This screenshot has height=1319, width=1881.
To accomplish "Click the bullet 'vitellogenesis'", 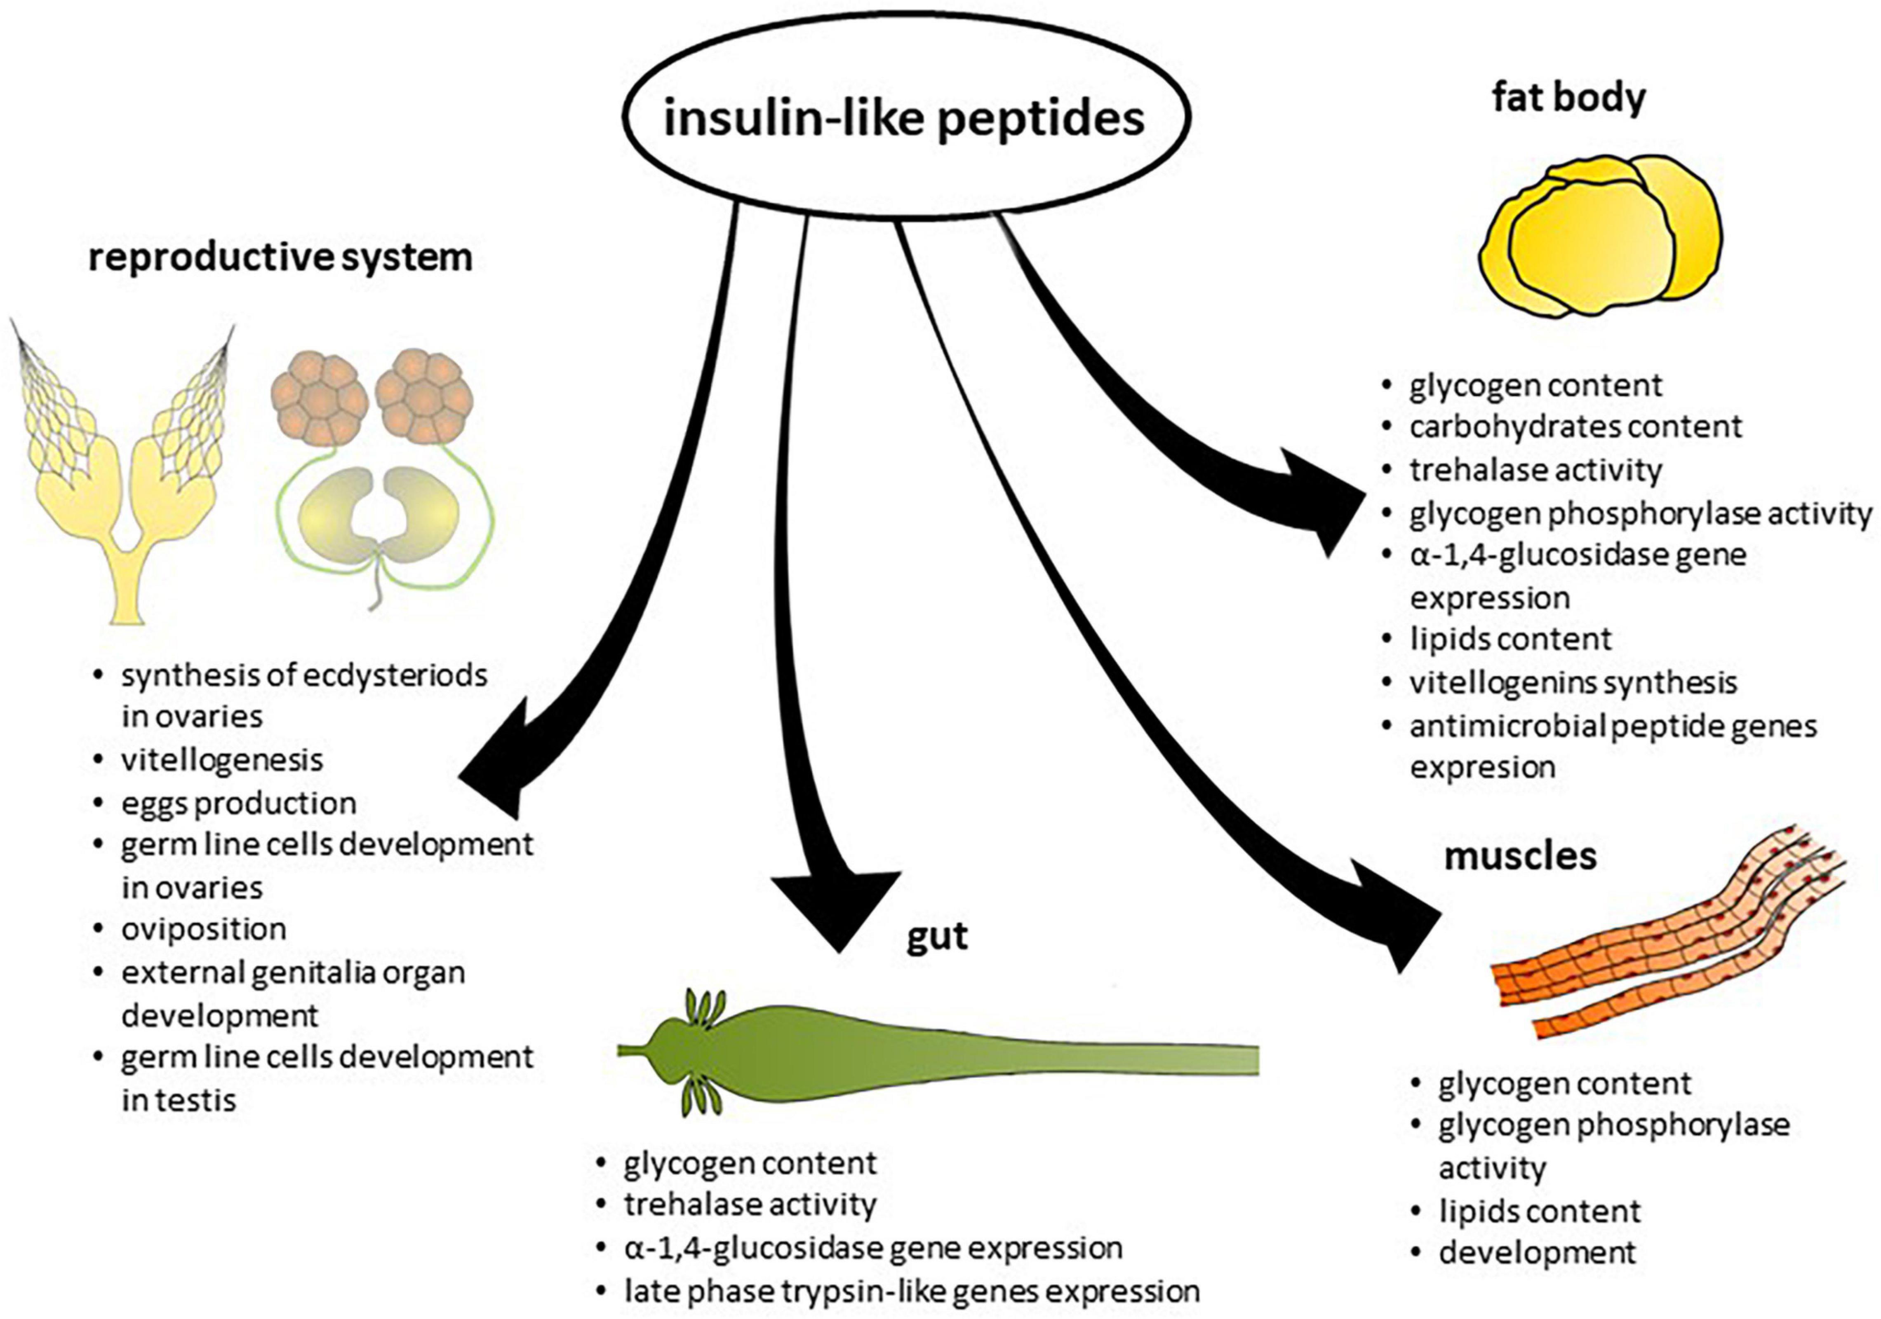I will [x=222, y=760].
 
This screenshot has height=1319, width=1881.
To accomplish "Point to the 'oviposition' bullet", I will [x=204, y=929].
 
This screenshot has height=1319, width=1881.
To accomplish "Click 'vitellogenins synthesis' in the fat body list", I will [x=1573, y=682].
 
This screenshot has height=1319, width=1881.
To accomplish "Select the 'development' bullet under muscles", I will [x=1537, y=1253].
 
